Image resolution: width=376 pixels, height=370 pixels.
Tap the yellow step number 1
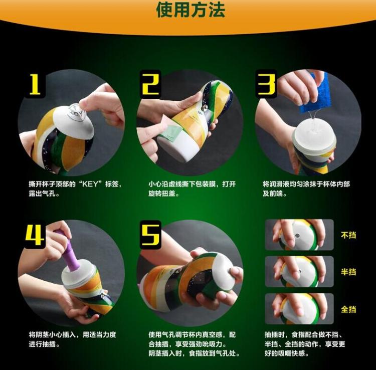coord(34,85)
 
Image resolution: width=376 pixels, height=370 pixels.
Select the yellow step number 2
coord(151,84)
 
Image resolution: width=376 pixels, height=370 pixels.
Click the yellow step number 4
coord(34,235)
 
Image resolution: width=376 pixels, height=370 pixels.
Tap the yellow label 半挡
coord(348,271)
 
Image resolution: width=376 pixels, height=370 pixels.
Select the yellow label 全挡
coord(348,309)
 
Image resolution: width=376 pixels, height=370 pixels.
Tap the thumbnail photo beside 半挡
coord(299,272)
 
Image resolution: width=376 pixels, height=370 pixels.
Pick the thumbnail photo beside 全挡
coord(299,309)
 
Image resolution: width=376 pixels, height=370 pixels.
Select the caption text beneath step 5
coord(193,344)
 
